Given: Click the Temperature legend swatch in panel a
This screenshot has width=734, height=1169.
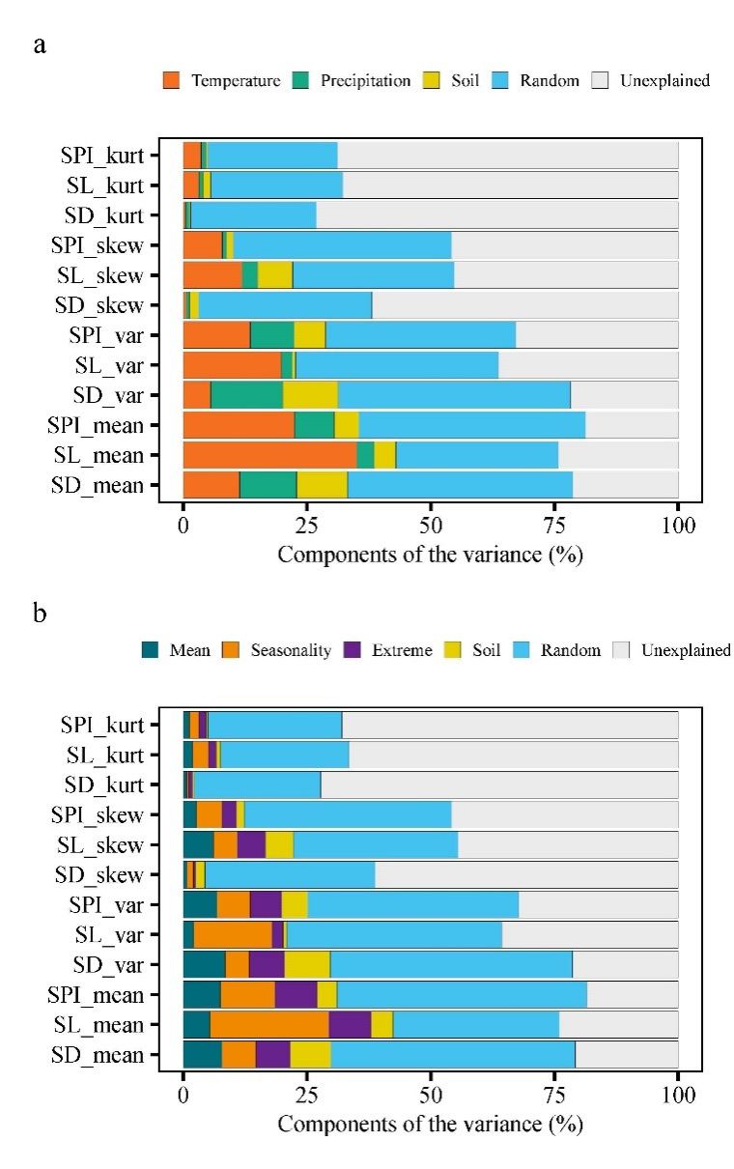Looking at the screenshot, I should [x=172, y=80].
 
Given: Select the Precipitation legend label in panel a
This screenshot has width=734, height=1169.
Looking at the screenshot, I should [x=365, y=80].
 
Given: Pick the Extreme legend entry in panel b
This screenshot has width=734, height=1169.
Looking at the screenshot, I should [x=399, y=650].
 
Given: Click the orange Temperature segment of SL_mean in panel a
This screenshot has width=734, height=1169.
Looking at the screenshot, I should [x=269, y=455].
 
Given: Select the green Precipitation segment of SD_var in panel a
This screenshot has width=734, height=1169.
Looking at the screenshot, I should [x=246, y=395].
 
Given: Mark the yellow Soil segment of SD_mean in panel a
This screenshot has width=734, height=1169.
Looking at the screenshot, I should [x=322, y=485].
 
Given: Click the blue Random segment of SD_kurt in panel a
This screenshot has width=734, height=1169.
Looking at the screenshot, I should [x=253, y=214].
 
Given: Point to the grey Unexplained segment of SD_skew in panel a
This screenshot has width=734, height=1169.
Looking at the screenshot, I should [x=524, y=305].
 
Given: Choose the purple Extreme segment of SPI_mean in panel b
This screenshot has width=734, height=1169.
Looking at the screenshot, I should [x=296, y=995].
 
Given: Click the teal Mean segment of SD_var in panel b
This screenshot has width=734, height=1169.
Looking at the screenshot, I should [x=204, y=965].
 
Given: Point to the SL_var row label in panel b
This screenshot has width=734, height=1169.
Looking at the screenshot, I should [x=107, y=935].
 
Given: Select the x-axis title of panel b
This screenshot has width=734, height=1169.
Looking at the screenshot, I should [x=430, y=1125].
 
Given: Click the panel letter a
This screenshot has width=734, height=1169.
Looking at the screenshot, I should [x=40, y=44].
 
